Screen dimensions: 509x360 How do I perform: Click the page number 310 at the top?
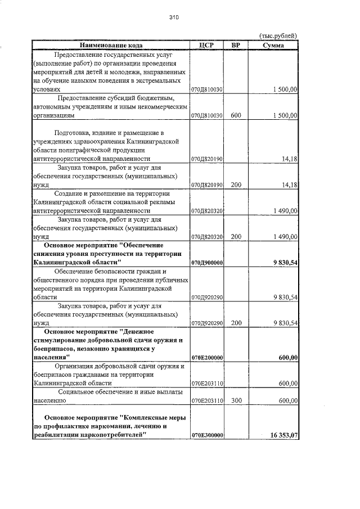coord(174,17)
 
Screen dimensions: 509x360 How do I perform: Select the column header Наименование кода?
coord(111,45)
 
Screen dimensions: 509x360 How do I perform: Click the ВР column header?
coord(236,45)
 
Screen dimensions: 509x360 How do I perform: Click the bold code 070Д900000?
coord(208,263)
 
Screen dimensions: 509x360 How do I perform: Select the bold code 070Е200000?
coord(208,357)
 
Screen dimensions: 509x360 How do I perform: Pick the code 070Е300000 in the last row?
coord(208,435)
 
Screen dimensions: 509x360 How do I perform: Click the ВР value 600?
coord(236,115)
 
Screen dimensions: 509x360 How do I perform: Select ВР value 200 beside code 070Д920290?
coord(236,323)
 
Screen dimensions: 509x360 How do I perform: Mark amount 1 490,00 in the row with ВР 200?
coord(285,237)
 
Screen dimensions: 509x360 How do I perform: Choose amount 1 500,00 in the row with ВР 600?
coord(285,115)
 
